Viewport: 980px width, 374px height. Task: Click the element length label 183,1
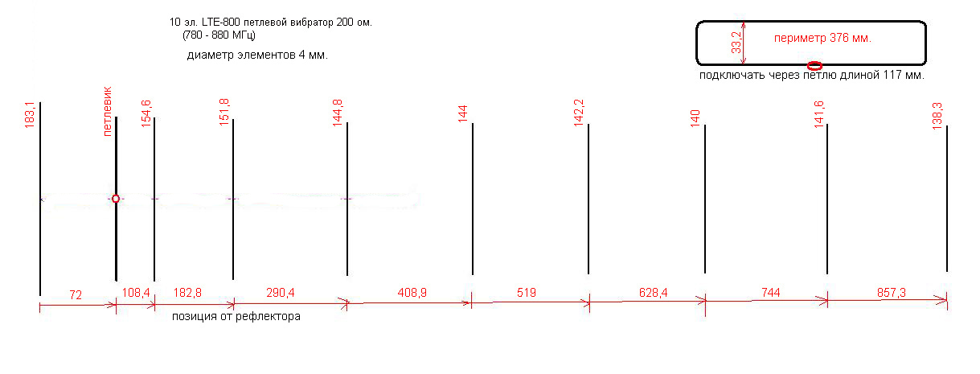point(29,115)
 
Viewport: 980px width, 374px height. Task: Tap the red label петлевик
point(108,111)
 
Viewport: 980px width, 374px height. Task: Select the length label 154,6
point(146,113)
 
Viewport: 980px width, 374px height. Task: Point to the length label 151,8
point(224,112)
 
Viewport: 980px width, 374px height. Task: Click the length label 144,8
point(338,113)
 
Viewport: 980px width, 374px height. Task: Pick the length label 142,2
point(579,113)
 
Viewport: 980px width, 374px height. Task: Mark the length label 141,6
point(819,114)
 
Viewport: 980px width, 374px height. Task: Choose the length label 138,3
point(937,116)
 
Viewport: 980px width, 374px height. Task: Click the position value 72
point(76,295)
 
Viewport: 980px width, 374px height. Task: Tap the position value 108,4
point(136,293)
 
